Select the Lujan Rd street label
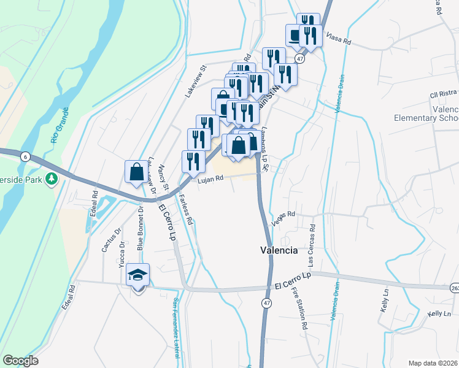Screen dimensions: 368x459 point(210,180)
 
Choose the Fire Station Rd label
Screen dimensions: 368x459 point(299,309)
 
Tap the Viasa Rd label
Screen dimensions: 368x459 point(338,39)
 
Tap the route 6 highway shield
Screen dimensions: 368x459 point(25,156)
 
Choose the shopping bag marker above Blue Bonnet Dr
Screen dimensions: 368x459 point(136,172)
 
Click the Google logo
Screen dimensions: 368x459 point(20,361)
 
